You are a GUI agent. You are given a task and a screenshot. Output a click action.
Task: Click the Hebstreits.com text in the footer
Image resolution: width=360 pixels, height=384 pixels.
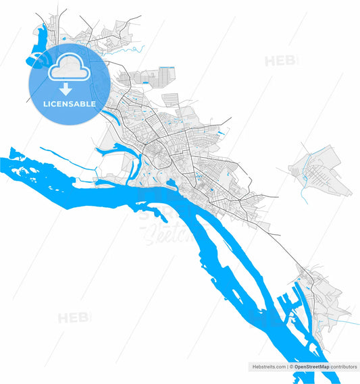pos(268,366)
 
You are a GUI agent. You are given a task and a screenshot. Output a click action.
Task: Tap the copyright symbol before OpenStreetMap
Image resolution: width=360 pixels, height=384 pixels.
pos(291,366)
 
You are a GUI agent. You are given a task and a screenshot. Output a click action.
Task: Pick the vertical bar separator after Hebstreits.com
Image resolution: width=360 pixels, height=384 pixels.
pos(286,366)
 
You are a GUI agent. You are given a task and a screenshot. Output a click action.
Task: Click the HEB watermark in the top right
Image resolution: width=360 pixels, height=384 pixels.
pos(280,61)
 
